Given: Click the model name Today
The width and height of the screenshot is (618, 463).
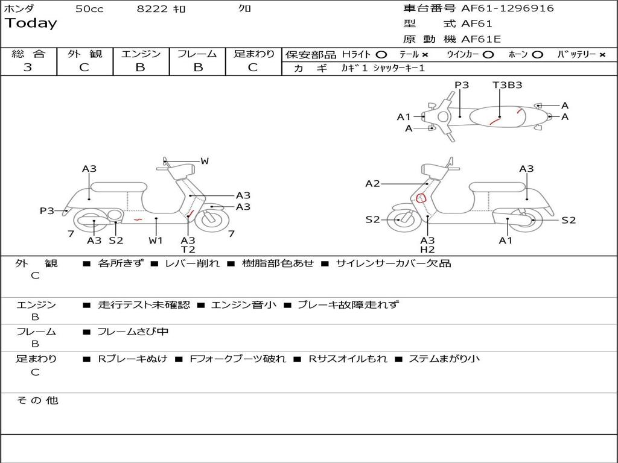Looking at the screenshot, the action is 31,24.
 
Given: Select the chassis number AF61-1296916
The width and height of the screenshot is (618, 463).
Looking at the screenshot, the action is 507,8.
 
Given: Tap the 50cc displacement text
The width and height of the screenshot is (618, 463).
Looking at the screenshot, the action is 89,9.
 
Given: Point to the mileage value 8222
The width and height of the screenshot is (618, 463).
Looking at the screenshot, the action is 153,9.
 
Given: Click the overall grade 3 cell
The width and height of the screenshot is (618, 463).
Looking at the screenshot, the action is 28,68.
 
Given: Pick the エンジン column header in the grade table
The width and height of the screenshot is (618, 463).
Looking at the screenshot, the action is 141,54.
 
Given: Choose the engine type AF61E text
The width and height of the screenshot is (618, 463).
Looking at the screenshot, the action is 481,40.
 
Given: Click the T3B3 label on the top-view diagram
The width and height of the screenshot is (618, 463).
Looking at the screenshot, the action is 507,85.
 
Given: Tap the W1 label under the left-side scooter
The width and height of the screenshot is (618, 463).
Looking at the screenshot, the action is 156,241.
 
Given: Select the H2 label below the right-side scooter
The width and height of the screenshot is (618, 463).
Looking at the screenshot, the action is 427,250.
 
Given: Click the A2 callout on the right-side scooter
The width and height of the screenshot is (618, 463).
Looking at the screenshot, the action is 372,184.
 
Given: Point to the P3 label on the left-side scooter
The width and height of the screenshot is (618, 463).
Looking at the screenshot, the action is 47,211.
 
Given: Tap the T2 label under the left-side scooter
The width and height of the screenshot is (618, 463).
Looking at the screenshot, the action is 188,250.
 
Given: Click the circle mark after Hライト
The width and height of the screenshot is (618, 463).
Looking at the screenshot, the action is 381,54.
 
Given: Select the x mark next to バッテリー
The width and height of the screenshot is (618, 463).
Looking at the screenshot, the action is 602,54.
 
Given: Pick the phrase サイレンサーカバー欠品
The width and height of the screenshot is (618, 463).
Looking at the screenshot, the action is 393,263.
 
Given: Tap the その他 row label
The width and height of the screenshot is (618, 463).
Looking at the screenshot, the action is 37,400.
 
